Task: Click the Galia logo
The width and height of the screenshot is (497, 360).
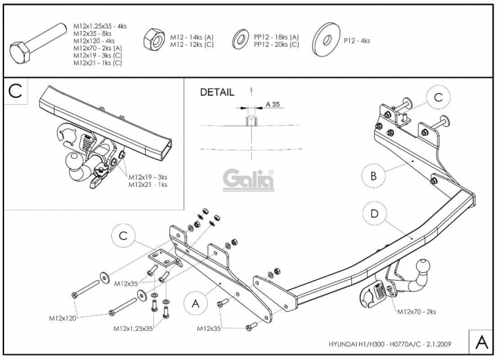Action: tap(248, 181)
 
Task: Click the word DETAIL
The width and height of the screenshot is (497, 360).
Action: tap(217, 92)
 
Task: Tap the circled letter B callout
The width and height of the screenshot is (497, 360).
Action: tap(373, 175)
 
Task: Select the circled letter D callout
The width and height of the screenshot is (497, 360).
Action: tap(374, 213)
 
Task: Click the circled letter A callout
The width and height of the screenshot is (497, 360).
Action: tap(195, 303)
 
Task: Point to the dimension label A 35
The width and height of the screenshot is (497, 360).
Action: tap(273, 104)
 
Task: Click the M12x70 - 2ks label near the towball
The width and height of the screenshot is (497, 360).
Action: tap(416, 312)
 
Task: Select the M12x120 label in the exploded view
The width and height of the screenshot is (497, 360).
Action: tap(62, 318)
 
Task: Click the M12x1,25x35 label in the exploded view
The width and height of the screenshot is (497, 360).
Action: tap(133, 329)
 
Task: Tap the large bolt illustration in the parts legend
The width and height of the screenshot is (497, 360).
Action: tap(37, 44)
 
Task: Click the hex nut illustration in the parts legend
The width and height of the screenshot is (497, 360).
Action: tap(154, 39)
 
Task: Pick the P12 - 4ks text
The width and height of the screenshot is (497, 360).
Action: tap(357, 41)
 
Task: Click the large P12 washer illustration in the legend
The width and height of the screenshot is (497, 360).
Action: tap(326, 39)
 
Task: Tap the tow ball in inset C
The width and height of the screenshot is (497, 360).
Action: tap(73, 161)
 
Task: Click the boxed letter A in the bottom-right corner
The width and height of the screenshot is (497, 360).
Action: tap(482, 341)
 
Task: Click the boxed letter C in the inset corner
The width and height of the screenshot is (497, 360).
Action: tap(15, 91)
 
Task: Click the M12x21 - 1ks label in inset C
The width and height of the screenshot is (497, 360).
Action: tap(148, 185)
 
